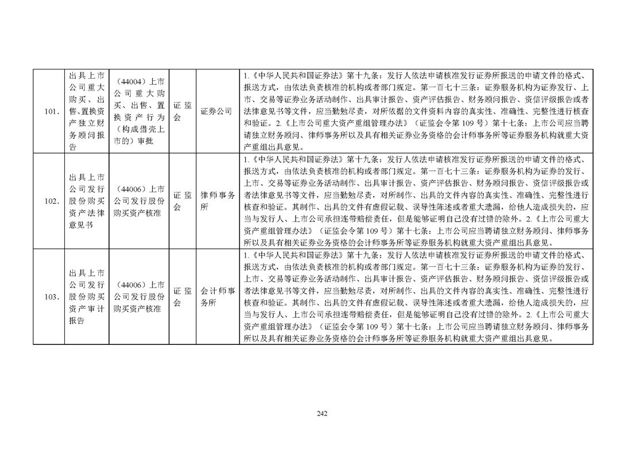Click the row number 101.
click(x=52, y=111)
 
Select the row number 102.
click(x=52, y=201)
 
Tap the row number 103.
click(x=52, y=297)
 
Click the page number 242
click(x=322, y=414)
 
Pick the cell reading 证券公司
click(x=216, y=111)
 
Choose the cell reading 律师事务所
click(x=218, y=201)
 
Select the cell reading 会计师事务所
click(x=218, y=297)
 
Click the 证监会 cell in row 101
click(x=183, y=111)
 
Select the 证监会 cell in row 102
click(x=183, y=201)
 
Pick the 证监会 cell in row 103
click(x=183, y=297)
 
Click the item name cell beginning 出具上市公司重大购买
click(x=87, y=111)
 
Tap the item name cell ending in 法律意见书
click(x=87, y=201)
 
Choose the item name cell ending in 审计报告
click(x=87, y=297)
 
